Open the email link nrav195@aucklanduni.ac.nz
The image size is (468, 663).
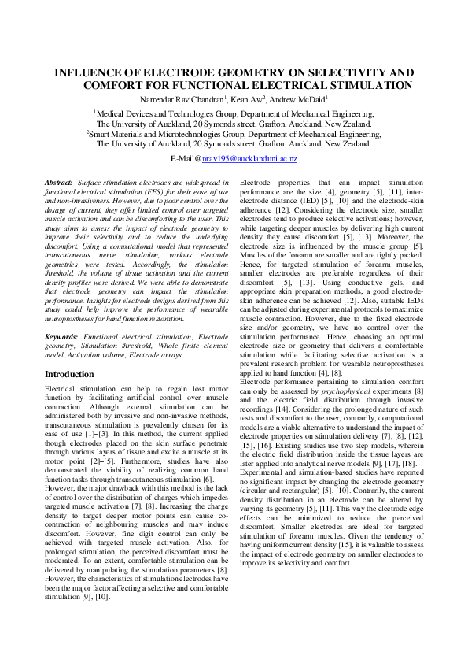click(249, 159)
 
